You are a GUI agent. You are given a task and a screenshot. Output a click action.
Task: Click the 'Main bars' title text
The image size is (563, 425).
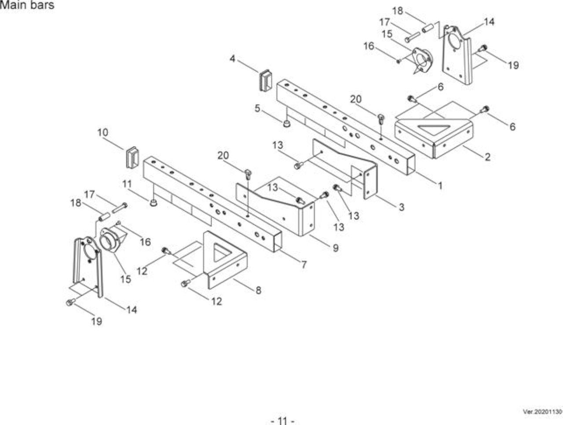[27, 5]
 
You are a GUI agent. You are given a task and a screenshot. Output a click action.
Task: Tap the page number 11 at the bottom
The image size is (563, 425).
[282, 421]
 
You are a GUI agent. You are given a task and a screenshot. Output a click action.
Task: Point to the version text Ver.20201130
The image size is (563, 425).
[543, 412]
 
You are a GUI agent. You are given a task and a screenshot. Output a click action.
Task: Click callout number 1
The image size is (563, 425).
[440, 185]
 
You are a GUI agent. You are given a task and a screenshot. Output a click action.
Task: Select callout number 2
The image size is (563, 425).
[487, 157]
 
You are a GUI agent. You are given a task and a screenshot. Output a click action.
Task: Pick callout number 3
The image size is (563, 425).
[402, 207]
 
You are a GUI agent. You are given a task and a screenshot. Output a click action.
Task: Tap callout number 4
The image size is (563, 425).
[232, 59]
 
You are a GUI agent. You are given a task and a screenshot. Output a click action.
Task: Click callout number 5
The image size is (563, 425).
[257, 108]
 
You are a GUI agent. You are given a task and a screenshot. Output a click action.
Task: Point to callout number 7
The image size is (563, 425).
[303, 264]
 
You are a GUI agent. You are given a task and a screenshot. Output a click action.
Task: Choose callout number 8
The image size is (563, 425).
[258, 290]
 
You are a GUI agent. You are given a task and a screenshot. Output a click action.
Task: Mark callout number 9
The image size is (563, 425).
[336, 248]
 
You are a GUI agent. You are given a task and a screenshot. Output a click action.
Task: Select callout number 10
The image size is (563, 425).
[103, 132]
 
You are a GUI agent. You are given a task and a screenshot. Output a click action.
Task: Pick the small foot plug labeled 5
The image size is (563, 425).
[287, 124]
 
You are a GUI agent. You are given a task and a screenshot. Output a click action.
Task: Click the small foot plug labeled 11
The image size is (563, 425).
[154, 203]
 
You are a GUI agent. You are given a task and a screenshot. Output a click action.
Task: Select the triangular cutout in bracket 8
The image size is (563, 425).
[221, 253]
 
